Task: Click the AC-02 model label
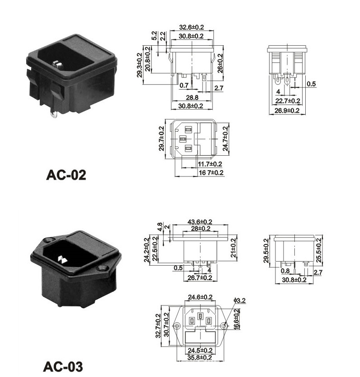[x=66, y=175]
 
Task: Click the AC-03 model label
[x=63, y=367]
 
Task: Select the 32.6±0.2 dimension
[x=192, y=27]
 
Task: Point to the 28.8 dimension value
[x=192, y=97]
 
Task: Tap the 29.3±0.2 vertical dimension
[x=140, y=65]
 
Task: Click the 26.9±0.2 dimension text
[x=287, y=110]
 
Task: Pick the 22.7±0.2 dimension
[x=288, y=101]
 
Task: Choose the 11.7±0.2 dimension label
[x=210, y=164]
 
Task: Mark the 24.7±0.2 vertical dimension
[x=225, y=139]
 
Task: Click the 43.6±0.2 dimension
[x=200, y=221]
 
